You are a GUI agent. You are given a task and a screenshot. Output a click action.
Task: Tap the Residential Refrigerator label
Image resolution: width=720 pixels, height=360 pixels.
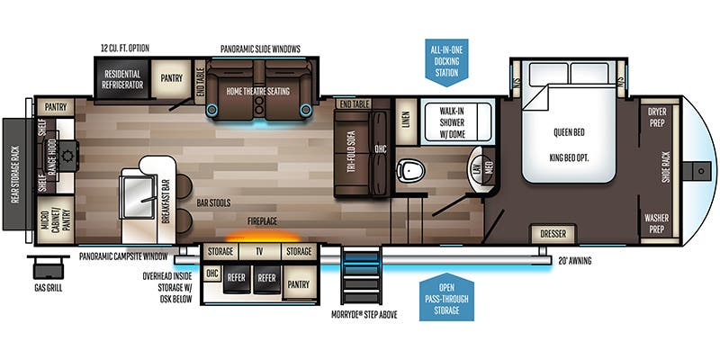[122, 78]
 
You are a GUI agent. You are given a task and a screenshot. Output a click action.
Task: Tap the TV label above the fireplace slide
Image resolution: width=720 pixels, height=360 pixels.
[258, 251]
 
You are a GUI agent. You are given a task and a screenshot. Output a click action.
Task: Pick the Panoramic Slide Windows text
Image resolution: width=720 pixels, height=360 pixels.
[259, 48]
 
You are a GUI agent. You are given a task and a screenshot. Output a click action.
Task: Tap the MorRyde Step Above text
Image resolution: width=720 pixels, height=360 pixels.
[364, 315]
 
